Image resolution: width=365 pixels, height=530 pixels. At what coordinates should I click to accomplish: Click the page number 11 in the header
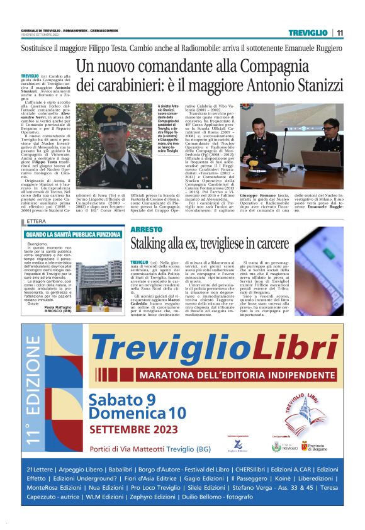pyautogui.click(x=340, y=33)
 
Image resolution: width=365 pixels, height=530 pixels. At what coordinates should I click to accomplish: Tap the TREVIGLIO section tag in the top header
pyautogui.click(x=308, y=33)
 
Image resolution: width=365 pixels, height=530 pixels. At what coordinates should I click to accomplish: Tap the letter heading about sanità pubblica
pyautogui.click(x=74, y=234)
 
